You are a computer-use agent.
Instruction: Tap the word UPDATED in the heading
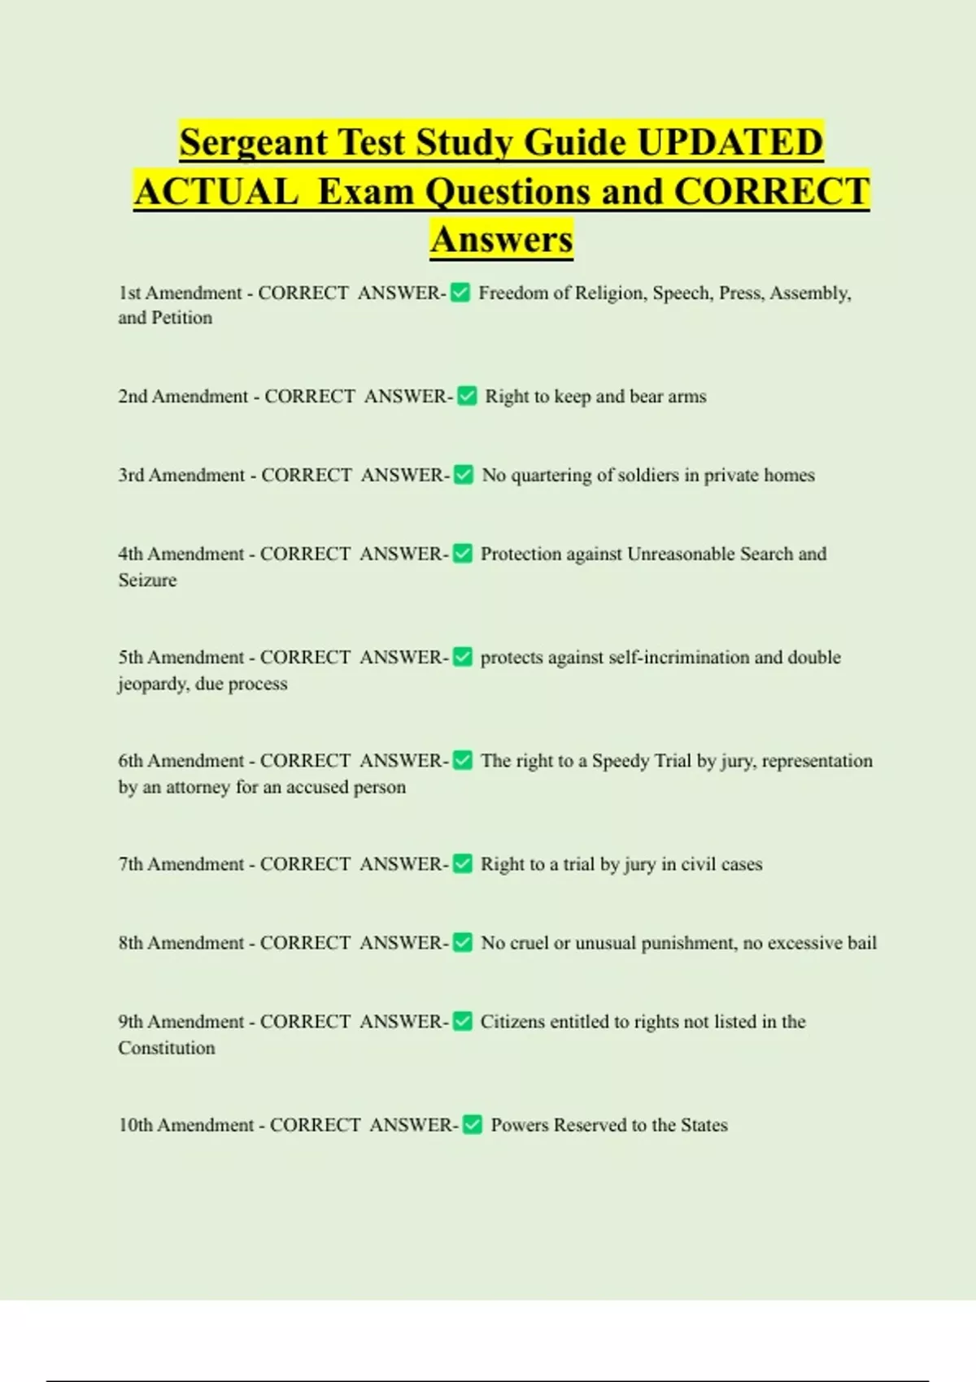click(x=730, y=143)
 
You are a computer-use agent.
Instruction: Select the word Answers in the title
click(x=502, y=240)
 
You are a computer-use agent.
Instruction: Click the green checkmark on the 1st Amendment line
click(x=460, y=293)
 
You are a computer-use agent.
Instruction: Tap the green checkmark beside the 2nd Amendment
click(x=467, y=396)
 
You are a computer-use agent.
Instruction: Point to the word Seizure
click(x=147, y=580)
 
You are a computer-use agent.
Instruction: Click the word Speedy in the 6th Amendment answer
click(x=621, y=761)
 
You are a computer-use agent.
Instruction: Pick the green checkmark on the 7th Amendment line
click(x=462, y=864)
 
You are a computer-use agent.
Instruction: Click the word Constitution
click(x=167, y=1048)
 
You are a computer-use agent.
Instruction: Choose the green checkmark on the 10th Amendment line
click(x=472, y=1125)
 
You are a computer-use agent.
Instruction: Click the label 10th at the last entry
click(x=135, y=1125)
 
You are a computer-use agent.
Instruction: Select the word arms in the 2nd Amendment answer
click(x=687, y=397)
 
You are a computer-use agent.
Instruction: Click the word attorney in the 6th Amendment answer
click(x=198, y=787)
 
